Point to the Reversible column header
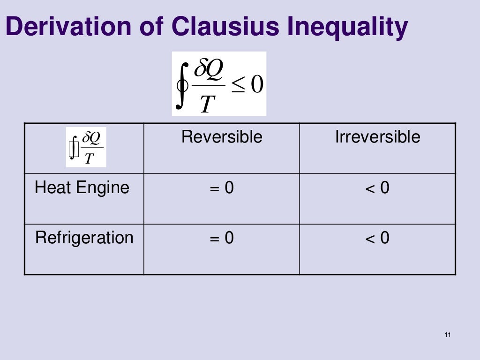coord(222,137)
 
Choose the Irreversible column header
coord(377,137)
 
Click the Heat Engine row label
coord(82,187)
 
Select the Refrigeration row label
coord(84,238)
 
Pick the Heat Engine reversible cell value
coord(222,188)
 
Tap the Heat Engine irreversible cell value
coord(377,188)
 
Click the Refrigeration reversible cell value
coord(222,239)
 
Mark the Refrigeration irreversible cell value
coord(377,239)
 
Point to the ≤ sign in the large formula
coord(238,85)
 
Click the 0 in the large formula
coord(257,84)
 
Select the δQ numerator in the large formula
coord(209,70)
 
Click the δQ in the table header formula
coord(90,138)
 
